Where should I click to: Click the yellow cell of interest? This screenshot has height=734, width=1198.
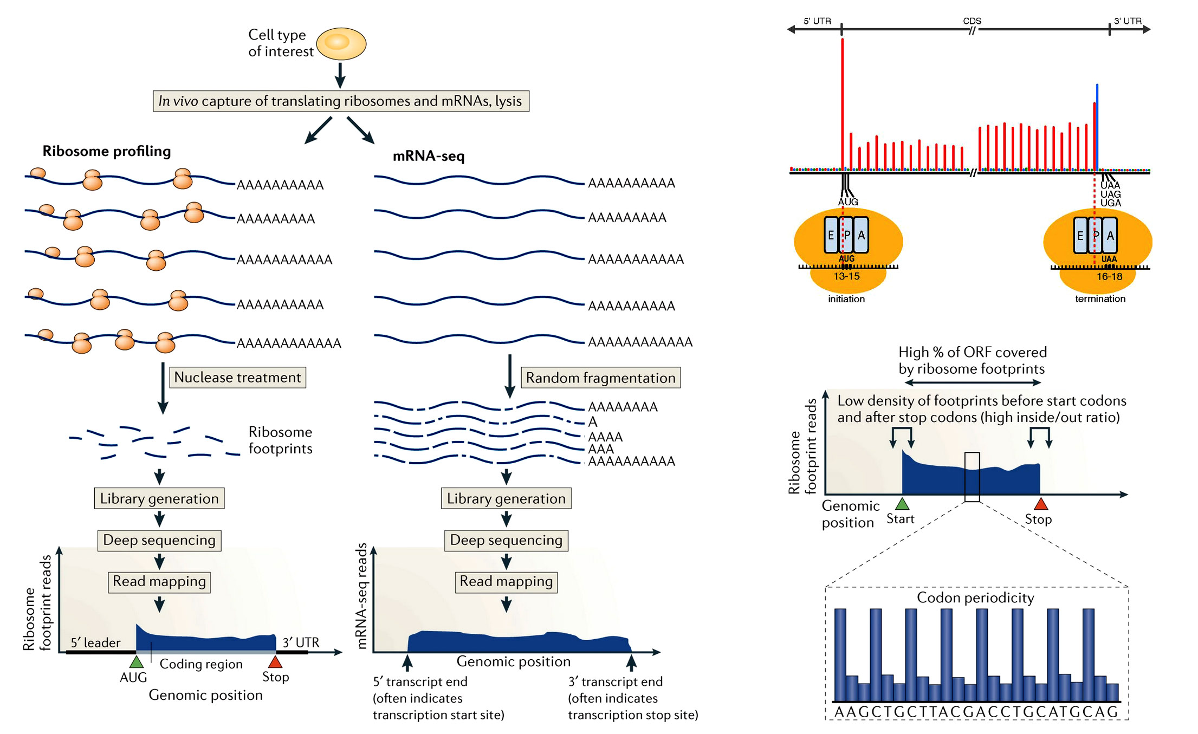pos(341,43)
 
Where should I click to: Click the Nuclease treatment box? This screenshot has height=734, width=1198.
pos(237,377)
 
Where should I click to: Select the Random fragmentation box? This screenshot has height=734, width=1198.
pos(600,378)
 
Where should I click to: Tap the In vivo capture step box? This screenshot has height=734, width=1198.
pos(340,101)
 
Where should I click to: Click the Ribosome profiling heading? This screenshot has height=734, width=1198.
pos(107,151)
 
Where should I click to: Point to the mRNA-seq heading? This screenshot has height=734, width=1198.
pos(428,156)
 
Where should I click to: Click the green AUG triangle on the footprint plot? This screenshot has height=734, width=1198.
pos(137,662)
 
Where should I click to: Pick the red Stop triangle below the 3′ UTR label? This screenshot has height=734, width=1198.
pos(275,662)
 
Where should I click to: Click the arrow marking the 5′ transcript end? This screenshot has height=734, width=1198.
pos(407,662)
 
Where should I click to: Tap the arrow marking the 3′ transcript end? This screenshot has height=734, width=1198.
pos(631,662)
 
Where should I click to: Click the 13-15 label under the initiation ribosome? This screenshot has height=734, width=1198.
pos(846,276)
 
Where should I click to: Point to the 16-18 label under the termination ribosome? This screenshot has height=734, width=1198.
pos(1109,276)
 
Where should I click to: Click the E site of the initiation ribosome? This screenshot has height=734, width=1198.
pos(831,236)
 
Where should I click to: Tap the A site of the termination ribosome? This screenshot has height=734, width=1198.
pos(1110,236)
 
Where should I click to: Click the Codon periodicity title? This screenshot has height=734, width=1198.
pos(975,597)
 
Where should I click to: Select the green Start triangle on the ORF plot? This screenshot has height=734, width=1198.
pos(902,504)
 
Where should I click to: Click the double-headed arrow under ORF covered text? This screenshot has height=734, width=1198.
pos(973,382)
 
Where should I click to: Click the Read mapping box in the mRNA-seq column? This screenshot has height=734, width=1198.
pos(506,581)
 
